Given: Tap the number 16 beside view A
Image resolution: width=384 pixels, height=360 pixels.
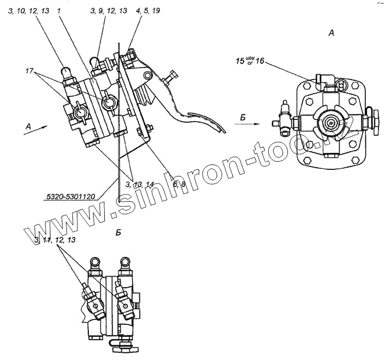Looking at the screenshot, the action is [x=258, y=62].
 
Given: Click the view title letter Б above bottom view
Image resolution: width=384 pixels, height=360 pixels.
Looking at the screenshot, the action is [x=118, y=232].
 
